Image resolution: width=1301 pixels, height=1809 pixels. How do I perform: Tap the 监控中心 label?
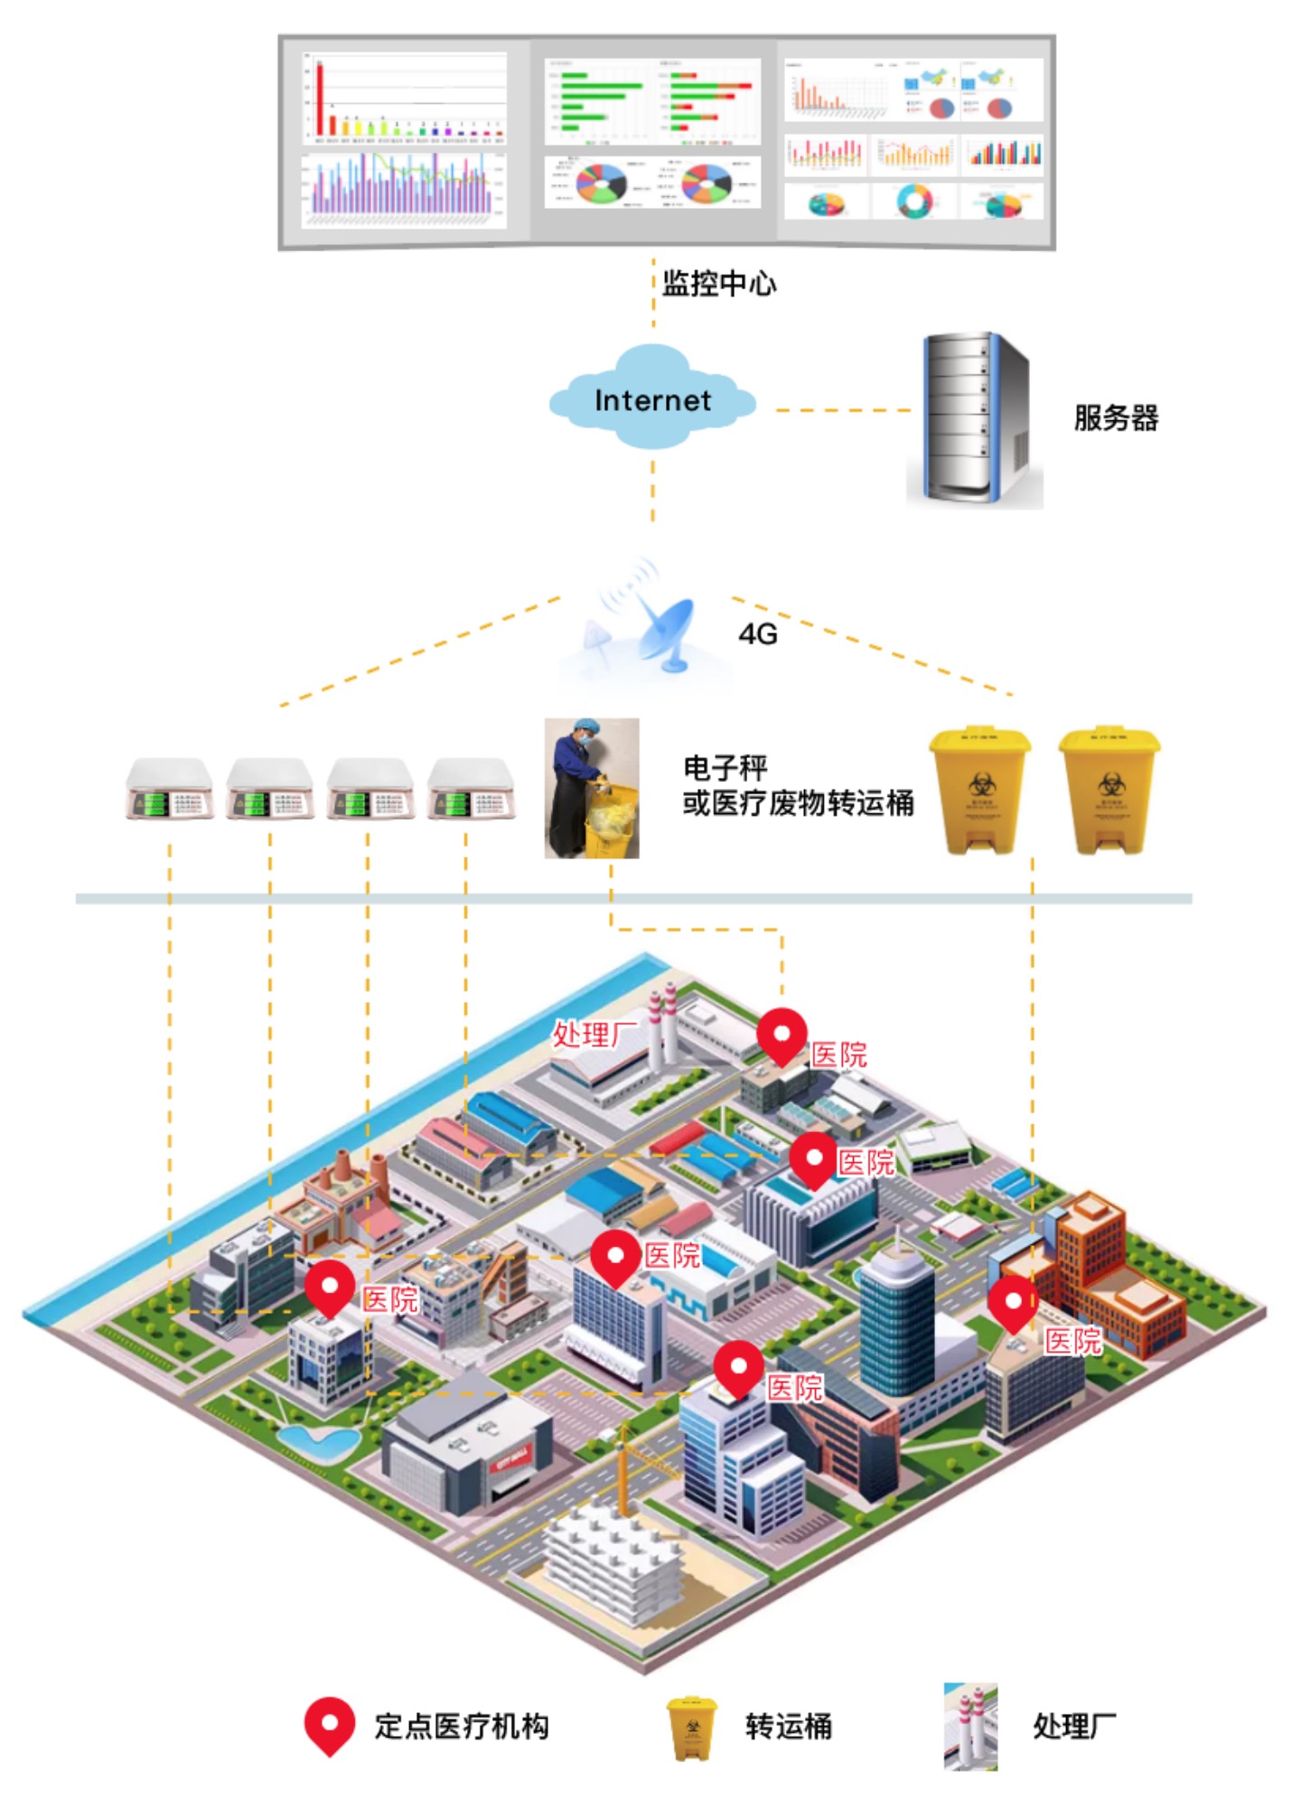[718, 284]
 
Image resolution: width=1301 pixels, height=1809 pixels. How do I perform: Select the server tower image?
[974, 419]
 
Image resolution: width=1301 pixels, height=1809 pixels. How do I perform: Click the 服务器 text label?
[1115, 418]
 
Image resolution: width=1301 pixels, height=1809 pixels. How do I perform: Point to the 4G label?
[757, 634]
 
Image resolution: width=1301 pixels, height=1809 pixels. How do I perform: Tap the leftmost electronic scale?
[169, 789]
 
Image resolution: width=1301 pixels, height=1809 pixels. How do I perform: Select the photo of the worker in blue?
[592, 788]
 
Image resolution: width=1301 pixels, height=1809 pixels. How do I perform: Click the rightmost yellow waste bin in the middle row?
[1109, 790]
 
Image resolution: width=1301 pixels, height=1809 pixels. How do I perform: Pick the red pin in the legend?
[329, 1725]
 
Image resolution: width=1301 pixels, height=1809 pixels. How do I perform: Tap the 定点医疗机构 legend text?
[461, 1727]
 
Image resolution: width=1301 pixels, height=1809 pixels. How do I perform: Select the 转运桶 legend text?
[788, 1727]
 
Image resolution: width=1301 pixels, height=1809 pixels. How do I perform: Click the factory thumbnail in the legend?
[970, 1726]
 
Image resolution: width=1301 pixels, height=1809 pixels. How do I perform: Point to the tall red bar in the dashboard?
[319, 98]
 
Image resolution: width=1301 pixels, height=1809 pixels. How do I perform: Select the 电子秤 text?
[725, 768]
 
